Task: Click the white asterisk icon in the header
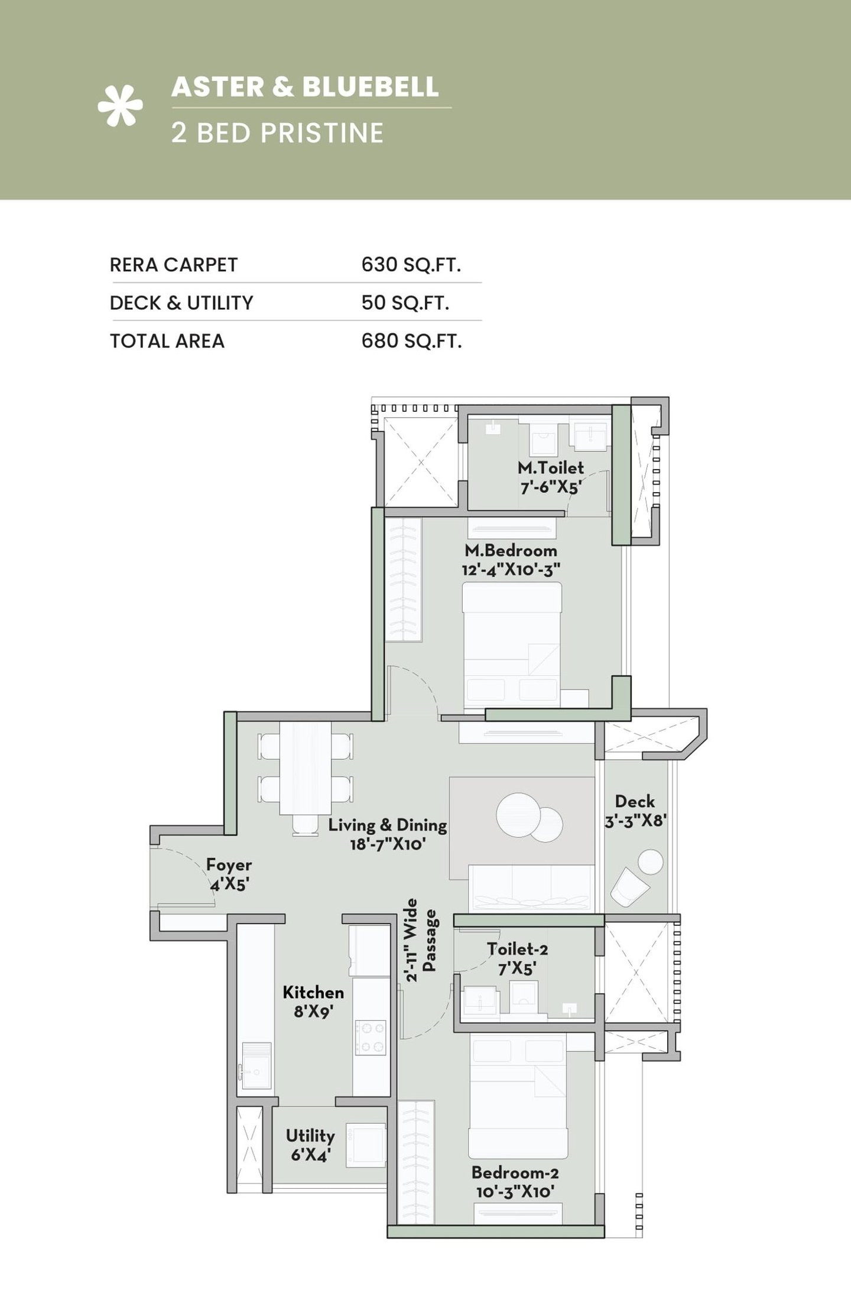click(x=120, y=106)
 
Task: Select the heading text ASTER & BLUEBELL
click(x=305, y=87)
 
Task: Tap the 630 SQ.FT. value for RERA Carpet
click(x=411, y=265)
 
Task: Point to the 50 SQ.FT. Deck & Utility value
click(x=405, y=303)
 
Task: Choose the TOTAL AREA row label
click(x=167, y=341)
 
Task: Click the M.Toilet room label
click(x=550, y=468)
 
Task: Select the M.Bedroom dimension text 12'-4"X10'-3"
click(x=511, y=570)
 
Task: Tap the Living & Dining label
click(x=387, y=825)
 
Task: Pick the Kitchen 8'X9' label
click(x=313, y=1001)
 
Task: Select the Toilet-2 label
click(x=517, y=949)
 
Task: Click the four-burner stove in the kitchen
click(x=370, y=1037)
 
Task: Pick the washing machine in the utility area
click(x=366, y=1147)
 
